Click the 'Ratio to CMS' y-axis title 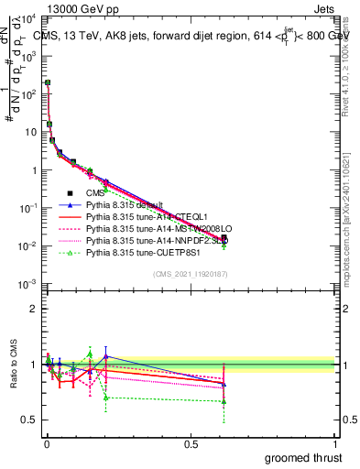click(x=13, y=362)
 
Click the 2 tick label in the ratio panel click(x=33, y=308)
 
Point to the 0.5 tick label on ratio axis click(x=29, y=420)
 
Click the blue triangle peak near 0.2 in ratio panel click(x=106, y=355)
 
